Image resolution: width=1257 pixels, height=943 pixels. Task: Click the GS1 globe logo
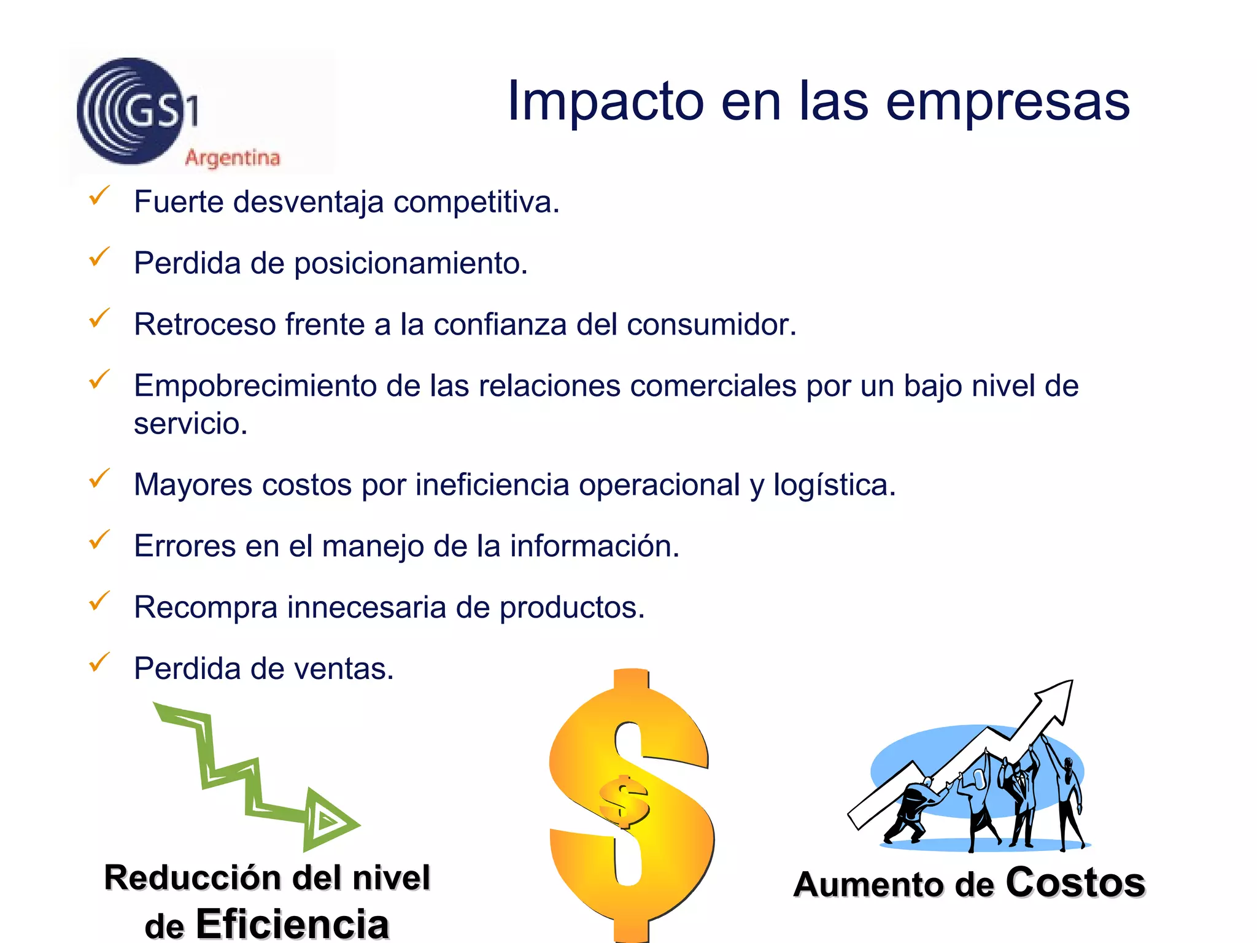pos(131,111)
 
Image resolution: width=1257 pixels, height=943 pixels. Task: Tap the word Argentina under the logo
pos(233,158)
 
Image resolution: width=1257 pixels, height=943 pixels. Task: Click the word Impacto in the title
pos(605,101)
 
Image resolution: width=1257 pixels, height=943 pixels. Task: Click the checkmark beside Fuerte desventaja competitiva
pos(99,196)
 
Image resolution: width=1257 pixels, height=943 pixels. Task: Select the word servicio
pos(190,424)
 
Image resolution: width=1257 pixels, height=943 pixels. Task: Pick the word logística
pos(834,485)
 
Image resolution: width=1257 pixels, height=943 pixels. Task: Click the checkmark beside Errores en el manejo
pos(99,540)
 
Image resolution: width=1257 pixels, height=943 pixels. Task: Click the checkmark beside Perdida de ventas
pos(99,662)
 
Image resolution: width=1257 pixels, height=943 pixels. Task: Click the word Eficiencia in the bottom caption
pos(292,924)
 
